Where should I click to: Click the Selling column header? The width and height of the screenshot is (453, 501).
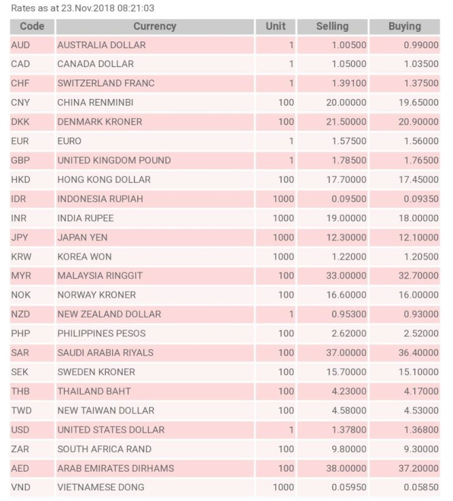point(332,26)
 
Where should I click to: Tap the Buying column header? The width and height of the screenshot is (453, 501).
point(404,26)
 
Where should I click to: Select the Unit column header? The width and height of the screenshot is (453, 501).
point(276,26)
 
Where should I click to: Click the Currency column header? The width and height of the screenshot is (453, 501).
point(155,26)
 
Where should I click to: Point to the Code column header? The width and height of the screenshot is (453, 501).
point(32,26)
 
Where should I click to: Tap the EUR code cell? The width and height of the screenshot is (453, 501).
point(20,142)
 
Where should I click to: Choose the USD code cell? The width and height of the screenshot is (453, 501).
point(21,430)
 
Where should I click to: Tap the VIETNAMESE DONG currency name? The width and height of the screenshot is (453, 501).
point(101,487)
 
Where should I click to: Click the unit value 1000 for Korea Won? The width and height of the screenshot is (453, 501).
point(283,257)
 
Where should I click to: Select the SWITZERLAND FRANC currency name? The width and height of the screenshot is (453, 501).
point(106,83)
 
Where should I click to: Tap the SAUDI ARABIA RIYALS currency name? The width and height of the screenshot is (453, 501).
point(105,353)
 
